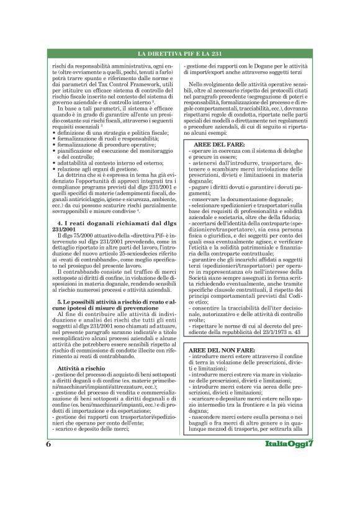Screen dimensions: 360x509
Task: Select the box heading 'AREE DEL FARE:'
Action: [x=215, y=144]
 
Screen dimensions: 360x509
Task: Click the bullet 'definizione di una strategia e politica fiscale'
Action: [x=109, y=133]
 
